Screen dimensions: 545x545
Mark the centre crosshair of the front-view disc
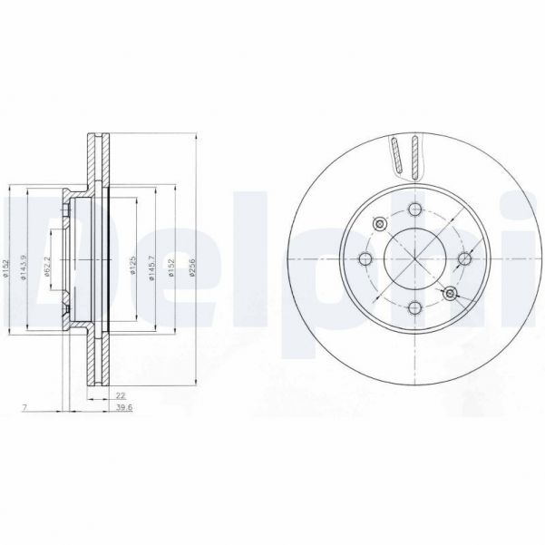coord(415,258)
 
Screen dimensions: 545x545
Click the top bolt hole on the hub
coord(415,210)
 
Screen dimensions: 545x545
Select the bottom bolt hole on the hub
coord(415,307)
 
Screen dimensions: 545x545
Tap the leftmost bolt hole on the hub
coord(367,258)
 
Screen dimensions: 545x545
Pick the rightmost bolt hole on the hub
coord(463,258)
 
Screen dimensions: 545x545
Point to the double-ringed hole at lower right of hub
coord(450,292)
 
